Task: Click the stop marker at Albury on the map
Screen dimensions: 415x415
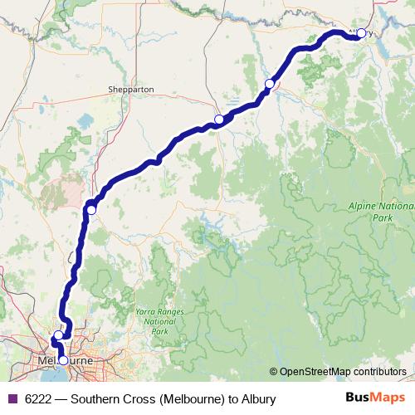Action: point(360,34)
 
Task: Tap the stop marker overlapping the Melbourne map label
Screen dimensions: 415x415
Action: point(62,360)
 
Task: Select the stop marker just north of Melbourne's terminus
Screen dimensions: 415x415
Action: point(58,336)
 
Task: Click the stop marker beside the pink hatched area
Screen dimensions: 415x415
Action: point(91,210)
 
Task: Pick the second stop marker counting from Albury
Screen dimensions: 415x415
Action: point(269,84)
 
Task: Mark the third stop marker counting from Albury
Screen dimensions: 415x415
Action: point(218,120)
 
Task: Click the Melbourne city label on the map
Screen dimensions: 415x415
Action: point(65,362)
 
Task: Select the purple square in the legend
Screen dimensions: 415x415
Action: point(11,399)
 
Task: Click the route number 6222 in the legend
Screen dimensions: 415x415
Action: point(38,399)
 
